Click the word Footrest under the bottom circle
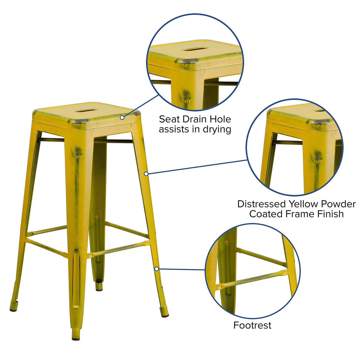point(252,325)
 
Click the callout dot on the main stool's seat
point(122,118)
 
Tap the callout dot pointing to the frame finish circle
point(146,174)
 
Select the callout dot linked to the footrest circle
point(157,269)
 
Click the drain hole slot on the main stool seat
point(86,111)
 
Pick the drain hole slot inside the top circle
point(195,49)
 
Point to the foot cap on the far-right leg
point(165,316)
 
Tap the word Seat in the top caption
point(169,119)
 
